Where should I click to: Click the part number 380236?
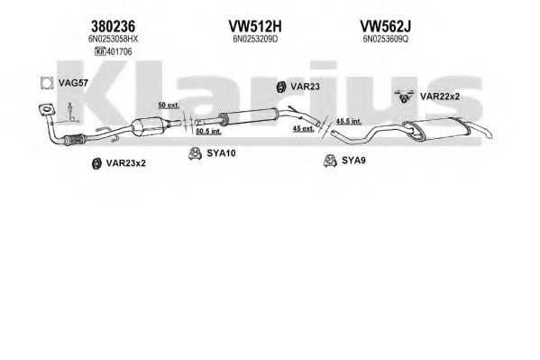click(113, 26)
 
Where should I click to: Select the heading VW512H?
click(255, 26)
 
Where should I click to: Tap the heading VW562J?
click(385, 26)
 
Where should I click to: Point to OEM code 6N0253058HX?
click(113, 40)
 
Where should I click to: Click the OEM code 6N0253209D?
click(255, 40)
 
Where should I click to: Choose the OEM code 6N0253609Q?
click(385, 40)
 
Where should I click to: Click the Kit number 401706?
click(119, 51)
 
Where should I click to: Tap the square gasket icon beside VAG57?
click(47, 83)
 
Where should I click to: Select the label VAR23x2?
click(125, 163)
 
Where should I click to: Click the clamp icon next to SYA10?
click(195, 153)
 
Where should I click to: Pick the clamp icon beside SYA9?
click(330, 161)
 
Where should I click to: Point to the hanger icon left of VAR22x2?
click(404, 97)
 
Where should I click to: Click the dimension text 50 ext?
click(169, 106)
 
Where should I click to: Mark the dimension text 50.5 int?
click(209, 132)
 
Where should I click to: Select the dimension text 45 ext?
click(303, 129)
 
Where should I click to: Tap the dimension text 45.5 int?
click(349, 122)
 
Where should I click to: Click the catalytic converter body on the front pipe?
click(148, 126)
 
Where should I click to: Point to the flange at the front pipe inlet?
click(47, 110)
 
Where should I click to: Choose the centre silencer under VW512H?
click(248, 116)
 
